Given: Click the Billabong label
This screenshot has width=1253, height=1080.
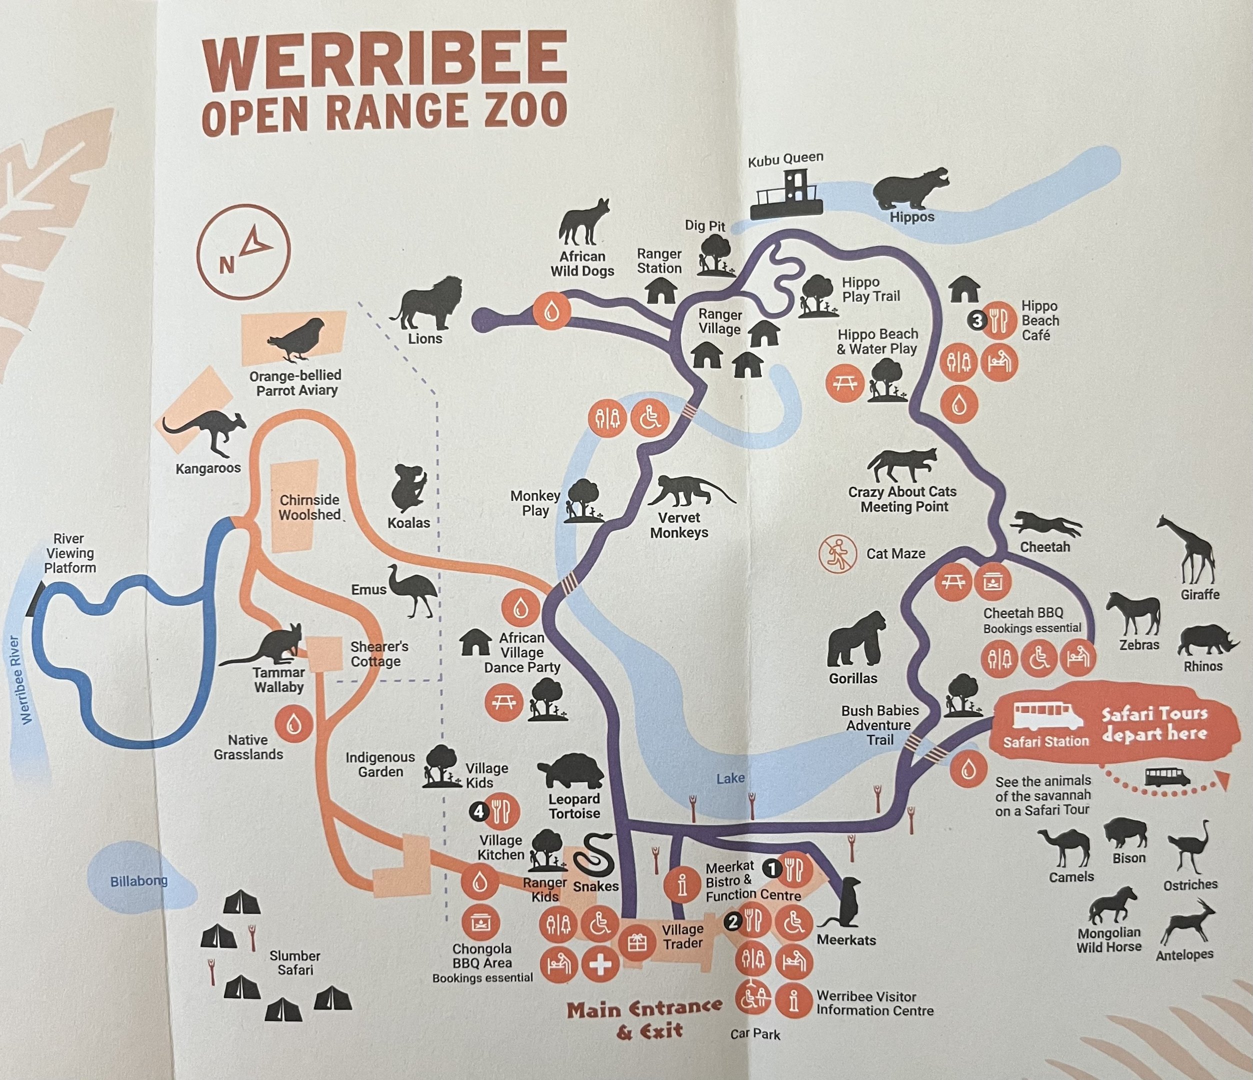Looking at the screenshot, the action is coord(138,881).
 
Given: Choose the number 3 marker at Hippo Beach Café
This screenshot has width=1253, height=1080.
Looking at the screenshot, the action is coord(977,320).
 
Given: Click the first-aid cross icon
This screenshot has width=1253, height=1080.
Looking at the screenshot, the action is coord(600,964).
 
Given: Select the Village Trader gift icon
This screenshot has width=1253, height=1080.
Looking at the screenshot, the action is coord(637,942).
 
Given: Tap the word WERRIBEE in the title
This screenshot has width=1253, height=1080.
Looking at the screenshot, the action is coord(384,58).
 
